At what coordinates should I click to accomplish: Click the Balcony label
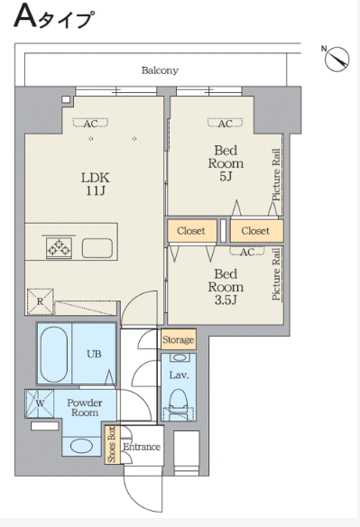point(160,70)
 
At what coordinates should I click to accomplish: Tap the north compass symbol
point(337,60)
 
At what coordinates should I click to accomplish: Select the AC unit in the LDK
point(91,123)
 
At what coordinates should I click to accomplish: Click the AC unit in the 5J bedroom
point(226,123)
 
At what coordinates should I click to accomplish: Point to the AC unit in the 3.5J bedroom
point(247,251)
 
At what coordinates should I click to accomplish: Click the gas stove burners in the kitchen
point(60,248)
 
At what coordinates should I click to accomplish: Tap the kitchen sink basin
point(97,248)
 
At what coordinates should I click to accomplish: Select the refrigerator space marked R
point(40,301)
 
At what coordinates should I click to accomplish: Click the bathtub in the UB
point(54,353)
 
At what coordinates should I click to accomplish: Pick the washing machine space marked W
point(40,403)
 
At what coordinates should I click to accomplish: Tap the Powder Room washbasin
point(82,447)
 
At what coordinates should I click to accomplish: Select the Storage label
point(178,339)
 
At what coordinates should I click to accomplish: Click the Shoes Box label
point(111,444)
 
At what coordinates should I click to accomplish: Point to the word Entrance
point(142,447)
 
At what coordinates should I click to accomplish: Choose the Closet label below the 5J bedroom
point(255,231)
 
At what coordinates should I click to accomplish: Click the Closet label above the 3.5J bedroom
point(191,231)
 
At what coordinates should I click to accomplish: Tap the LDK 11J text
point(96,184)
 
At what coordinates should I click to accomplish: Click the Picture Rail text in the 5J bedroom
point(276,175)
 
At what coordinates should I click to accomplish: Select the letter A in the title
point(25,16)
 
